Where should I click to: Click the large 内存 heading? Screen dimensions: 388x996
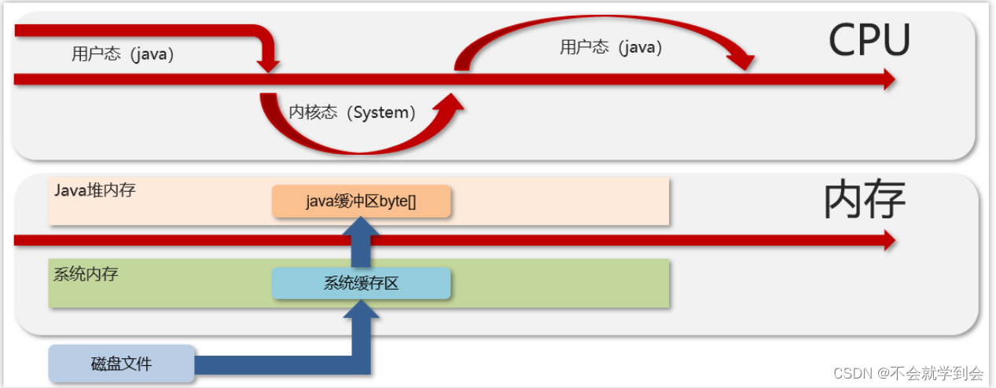pyautogui.click(x=864, y=200)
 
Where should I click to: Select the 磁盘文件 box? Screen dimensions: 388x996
pyautogui.click(x=121, y=364)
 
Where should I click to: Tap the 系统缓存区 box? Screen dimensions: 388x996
pyautogui.click(x=361, y=284)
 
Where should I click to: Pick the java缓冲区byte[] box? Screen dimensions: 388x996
pyautogui.click(x=361, y=201)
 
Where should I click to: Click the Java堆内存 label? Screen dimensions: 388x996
pyautogui.click(x=95, y=190)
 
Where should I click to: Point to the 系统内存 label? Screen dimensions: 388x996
pyautogui.click(x=86, y=275)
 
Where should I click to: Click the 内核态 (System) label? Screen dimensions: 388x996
pyautogui.click(x=352, y=112)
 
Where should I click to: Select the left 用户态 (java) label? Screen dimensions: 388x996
pyautogui.click(x=123, y=54)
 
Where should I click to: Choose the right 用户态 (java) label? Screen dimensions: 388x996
pyautogui.click(x=611, y=47)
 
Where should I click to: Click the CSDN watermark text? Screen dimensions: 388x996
pyautogui.click(x=908, y=372)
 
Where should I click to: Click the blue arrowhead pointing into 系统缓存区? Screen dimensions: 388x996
pyautogui.click(x=361, y=309)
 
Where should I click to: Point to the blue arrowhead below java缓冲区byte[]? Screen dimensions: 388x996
pyautogui.click(x=361, y=227)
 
